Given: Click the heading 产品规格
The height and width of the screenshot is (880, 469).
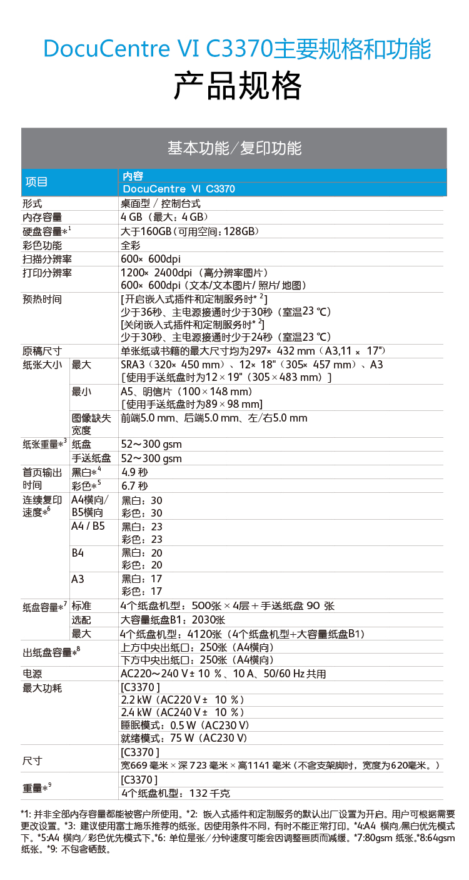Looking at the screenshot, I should [x=238, y=86].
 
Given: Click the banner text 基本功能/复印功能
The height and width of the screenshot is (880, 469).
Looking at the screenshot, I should [x=234, y=148].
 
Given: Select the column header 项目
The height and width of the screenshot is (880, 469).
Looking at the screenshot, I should [x=36, y=182].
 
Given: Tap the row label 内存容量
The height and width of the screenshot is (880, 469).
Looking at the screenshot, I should [x=42, y=217].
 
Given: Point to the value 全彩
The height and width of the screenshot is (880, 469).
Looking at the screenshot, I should [x=131, y=245].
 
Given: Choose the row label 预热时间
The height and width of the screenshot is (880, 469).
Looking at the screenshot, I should [x=42, y=299].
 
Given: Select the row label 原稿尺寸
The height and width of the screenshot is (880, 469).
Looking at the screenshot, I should [x=42, y=350].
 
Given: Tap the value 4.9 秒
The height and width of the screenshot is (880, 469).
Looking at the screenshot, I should [x=134, y=472].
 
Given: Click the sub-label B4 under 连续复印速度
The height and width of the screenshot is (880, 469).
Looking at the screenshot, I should [x=78, y=552].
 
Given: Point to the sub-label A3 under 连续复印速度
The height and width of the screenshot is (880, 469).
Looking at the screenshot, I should [x=78, y=579].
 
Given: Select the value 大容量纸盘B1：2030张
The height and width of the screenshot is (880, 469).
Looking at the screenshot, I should [x=173, y=620].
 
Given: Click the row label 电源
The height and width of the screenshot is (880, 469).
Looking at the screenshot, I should [x=32, y=674].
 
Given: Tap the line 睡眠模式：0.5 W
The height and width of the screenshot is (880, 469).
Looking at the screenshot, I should [x=185, y=725].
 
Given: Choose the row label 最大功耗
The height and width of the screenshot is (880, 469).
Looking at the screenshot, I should [x=42, y=687].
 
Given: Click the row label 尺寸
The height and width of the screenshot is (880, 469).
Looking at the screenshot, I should [x=32, y=761].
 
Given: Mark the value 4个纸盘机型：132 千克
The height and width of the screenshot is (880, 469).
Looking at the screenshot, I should [x=175, y=793].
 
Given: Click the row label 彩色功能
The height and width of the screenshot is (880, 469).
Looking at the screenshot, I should [x=42, y=245].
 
